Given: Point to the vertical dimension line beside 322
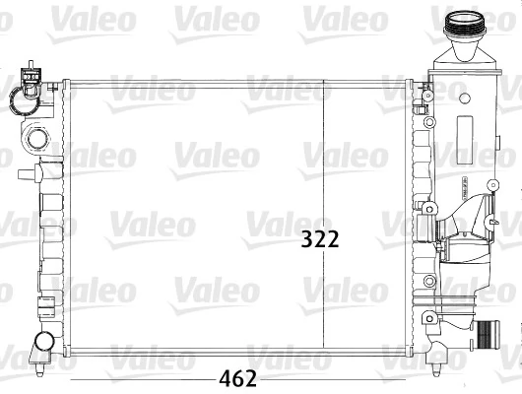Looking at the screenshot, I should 325,158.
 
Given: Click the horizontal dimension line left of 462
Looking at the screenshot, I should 138,378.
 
